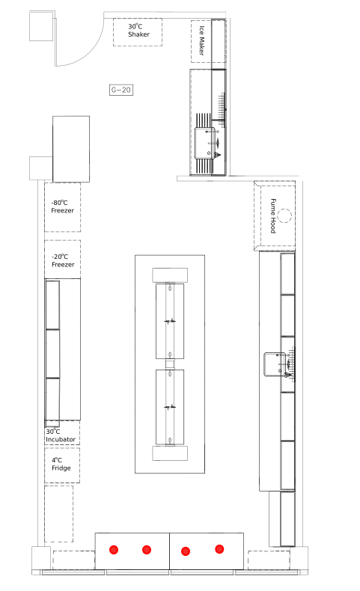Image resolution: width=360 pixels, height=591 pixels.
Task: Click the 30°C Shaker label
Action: coord(138,30)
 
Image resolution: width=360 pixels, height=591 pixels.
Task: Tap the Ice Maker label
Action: coord(201,40)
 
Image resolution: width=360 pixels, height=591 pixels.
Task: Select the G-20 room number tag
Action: coord(121,90)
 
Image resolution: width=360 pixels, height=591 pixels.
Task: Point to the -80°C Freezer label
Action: coord(62,206)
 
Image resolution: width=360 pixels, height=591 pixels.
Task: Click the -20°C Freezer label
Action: coord(63,260)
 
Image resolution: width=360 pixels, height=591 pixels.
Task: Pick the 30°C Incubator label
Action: coord(61,435)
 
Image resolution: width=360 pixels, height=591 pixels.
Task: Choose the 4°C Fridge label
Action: coord(61,464)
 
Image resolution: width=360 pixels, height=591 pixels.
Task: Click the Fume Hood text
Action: coord(273,216)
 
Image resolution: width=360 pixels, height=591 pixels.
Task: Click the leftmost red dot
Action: coord(114,550)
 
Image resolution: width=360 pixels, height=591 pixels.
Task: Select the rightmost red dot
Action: coord(219,549)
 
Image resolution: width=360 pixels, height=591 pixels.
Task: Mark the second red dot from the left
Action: coord(147,550)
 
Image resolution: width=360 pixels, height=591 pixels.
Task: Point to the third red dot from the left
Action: coord(186,551)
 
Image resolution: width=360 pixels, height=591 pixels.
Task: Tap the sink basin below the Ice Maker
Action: coord(205,143)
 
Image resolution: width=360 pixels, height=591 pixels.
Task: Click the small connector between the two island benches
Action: coord(170,364)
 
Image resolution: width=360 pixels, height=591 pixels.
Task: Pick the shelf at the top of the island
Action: coord(170,275)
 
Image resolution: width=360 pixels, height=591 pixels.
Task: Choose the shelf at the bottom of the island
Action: coord(170,453)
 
